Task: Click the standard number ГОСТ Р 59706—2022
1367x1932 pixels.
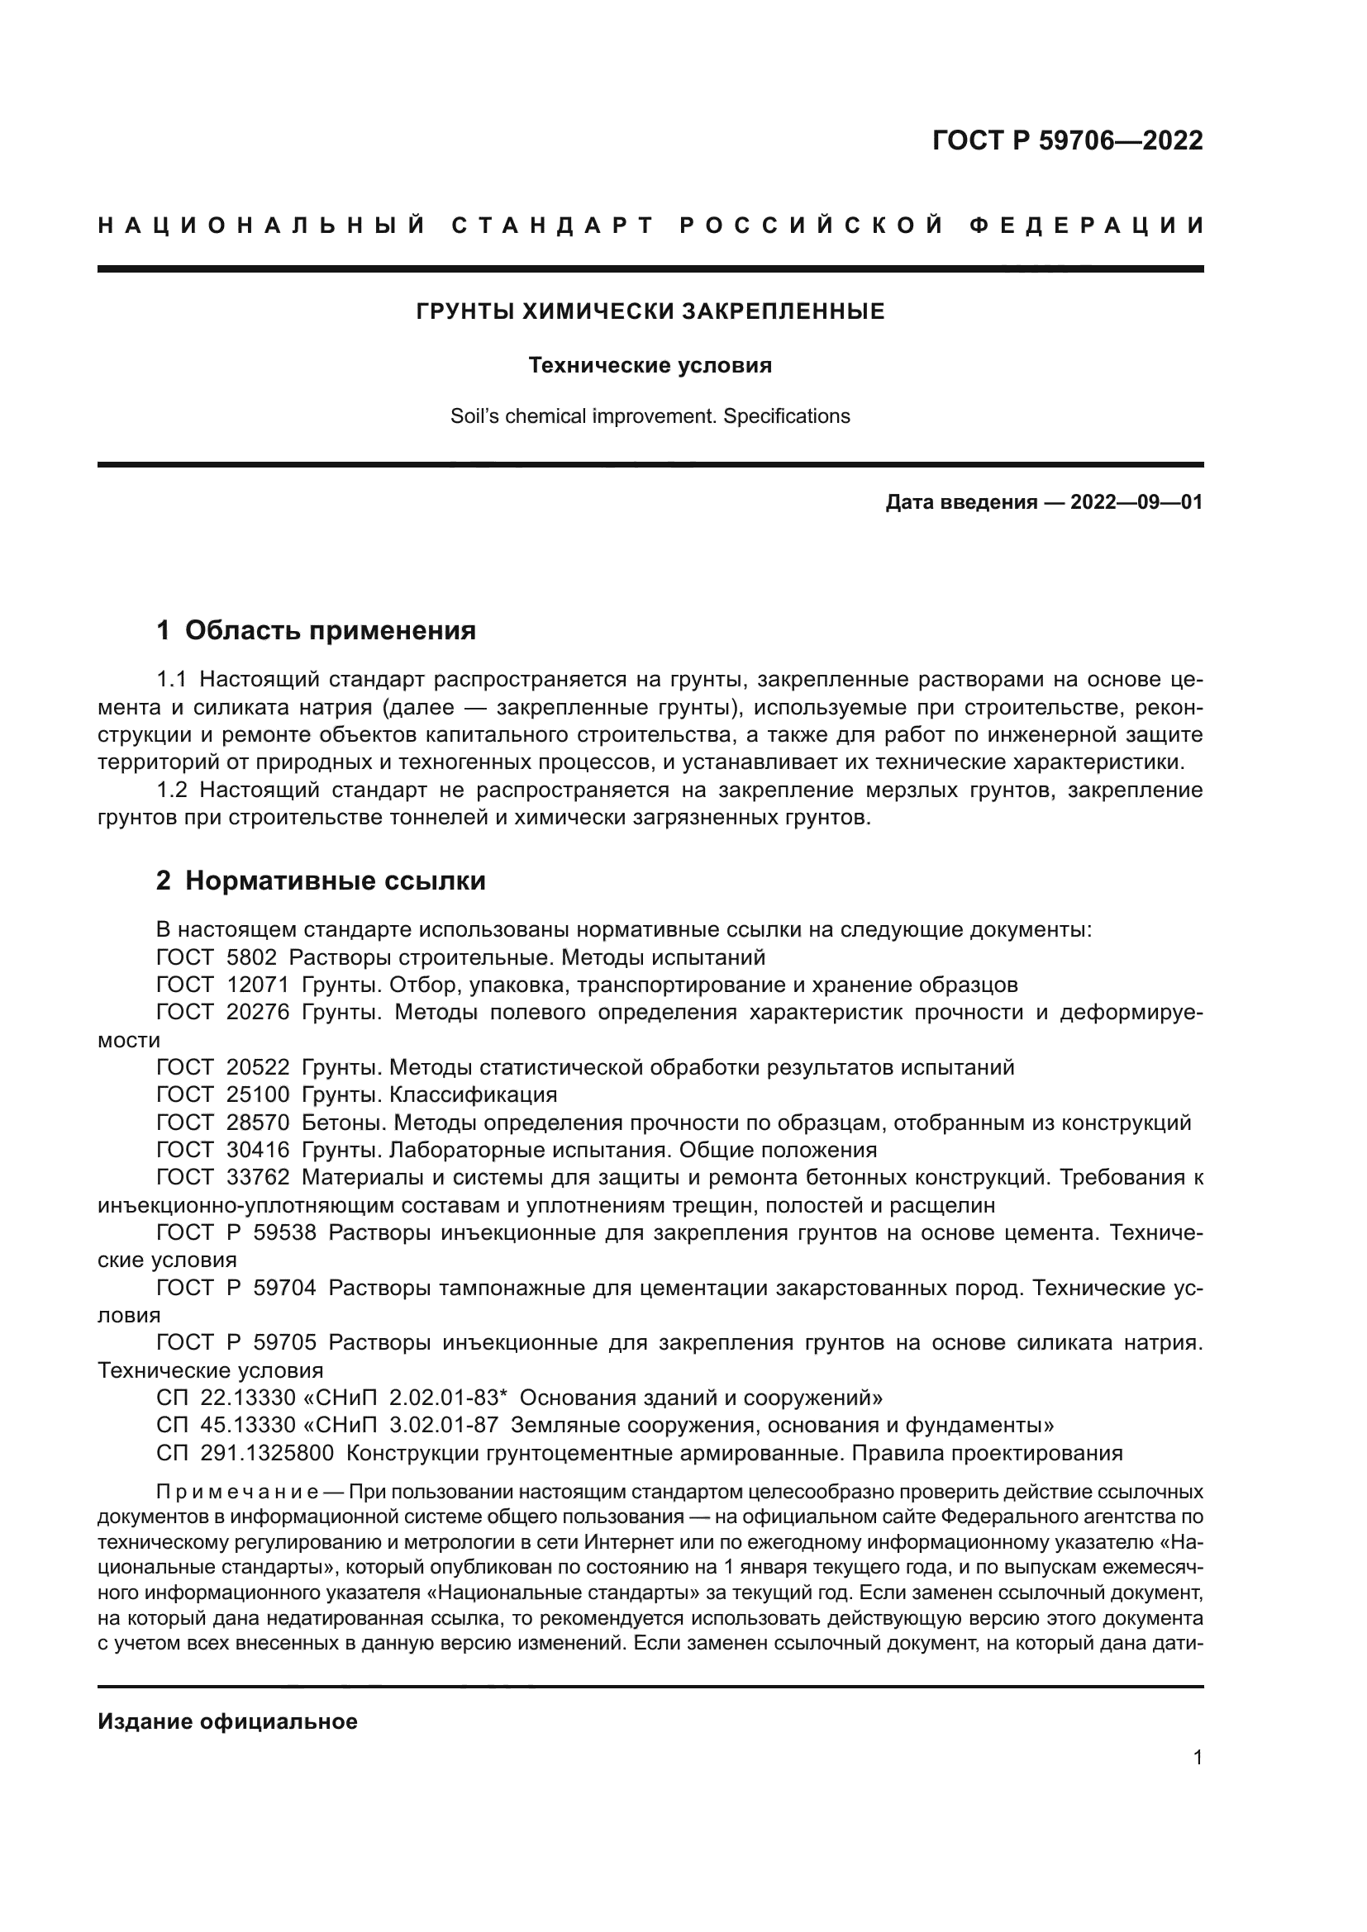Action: click(x=1067, y=140)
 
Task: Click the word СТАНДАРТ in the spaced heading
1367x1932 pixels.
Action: click(x=553, y=225)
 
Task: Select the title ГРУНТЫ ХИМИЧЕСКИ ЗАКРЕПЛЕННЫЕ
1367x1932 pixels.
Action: click(x=650, y=312)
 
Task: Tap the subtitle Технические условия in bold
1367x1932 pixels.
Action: click(x=650, y=366)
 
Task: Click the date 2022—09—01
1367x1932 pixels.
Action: click(x=1136, y=503)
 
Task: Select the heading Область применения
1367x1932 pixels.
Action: click(x=330, y=630)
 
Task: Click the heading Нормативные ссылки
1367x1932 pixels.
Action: click(x=335, y=881)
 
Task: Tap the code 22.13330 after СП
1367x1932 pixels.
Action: click(x=248, y=1398)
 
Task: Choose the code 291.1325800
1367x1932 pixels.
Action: click(x=267, y=1453)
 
